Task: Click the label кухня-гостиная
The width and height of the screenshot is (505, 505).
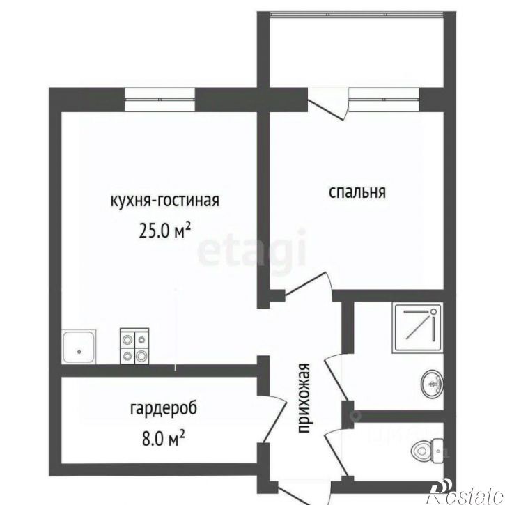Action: (164, 201)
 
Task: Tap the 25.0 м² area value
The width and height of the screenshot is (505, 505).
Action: (164, 230)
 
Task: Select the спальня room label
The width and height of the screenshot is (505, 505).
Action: (357, 192)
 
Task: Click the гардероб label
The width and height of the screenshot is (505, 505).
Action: (158, 408)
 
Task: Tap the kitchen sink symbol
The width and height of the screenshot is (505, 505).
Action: (79, 346)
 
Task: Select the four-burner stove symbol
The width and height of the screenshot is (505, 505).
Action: (134, 346)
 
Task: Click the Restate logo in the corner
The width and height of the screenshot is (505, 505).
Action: (465, 493)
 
